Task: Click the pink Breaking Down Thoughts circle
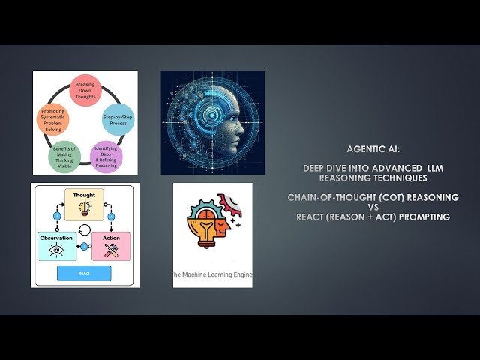(85, 89)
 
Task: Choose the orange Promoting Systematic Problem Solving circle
(54, 119)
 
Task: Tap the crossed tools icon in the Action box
(111, 250)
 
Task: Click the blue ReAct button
(85, 273)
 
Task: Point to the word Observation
(57, 237)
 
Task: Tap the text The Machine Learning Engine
(212, 275)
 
